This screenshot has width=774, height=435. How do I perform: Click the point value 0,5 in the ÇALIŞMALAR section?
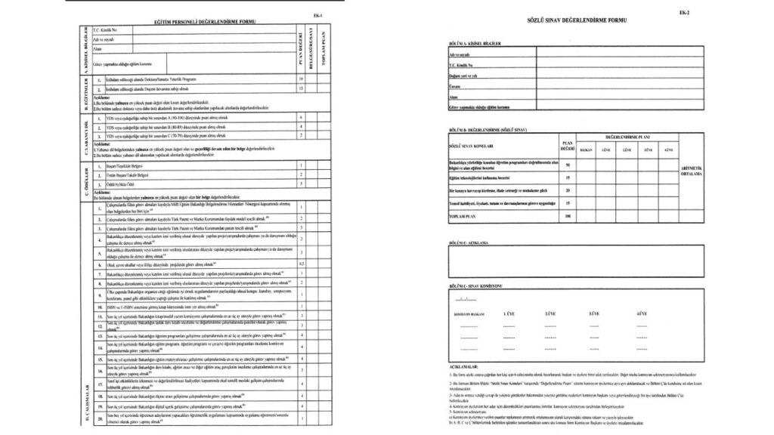pos(302,264)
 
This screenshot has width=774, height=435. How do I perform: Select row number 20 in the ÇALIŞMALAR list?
pos(98,417)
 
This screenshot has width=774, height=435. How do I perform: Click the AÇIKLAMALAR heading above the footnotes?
pos(462,365)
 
